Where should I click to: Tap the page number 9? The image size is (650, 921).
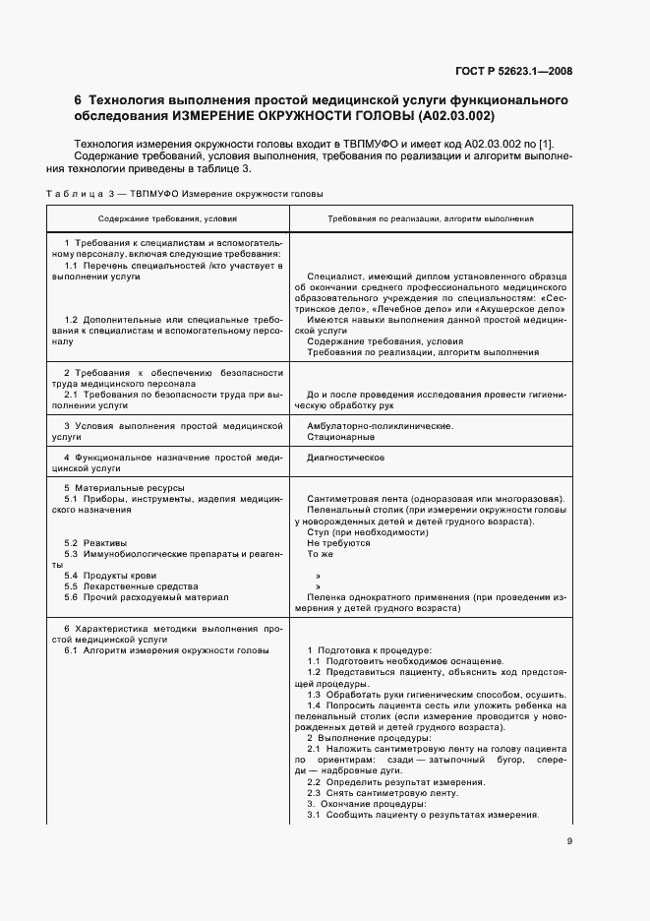[x=569, y=840]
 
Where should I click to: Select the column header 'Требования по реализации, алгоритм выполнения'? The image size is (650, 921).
[x=430, y=218]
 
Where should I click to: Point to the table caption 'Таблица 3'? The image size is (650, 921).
[x=79, y=194]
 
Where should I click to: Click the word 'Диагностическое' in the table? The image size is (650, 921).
[x=345, y=458]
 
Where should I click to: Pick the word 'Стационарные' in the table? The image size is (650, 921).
[x=340, y=436]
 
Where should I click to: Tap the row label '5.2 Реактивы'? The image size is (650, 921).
[x=95, y=543]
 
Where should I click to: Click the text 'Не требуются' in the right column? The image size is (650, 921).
[x=338, y=543]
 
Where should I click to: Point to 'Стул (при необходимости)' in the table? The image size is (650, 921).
[x=360, y=532]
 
